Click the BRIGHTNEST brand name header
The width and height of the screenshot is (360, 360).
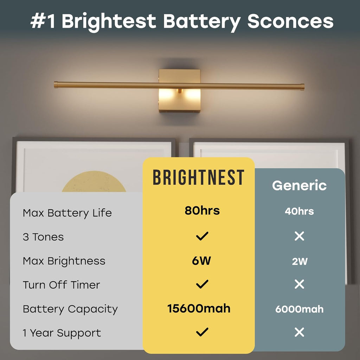tap(198, 178)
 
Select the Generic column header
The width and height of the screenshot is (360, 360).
tap(299, 186)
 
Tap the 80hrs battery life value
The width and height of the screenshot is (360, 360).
tap(202, 211)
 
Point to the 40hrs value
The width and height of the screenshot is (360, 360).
tap(299, 211)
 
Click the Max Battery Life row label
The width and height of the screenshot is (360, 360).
tap(67, 213)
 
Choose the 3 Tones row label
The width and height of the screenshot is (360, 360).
tap(43, 237)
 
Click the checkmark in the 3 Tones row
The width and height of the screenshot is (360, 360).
tap(202, 236)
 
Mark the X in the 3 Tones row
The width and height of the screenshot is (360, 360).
tap(299, 236)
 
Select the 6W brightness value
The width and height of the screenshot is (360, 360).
tap(202, 261)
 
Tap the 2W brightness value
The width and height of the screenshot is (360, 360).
tap(300, 262)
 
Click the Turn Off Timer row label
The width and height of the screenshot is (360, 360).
tap(61, 285)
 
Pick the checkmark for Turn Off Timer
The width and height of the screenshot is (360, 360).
tap(202, 284)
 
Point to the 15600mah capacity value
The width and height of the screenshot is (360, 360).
tap(199, 309)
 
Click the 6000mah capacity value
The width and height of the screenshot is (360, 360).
tap(299, 309)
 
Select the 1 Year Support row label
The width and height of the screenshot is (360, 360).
tap(62, 333)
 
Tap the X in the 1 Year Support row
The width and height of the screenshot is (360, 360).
tap(299, 332)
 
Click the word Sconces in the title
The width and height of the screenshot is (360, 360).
tap(290, 21)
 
